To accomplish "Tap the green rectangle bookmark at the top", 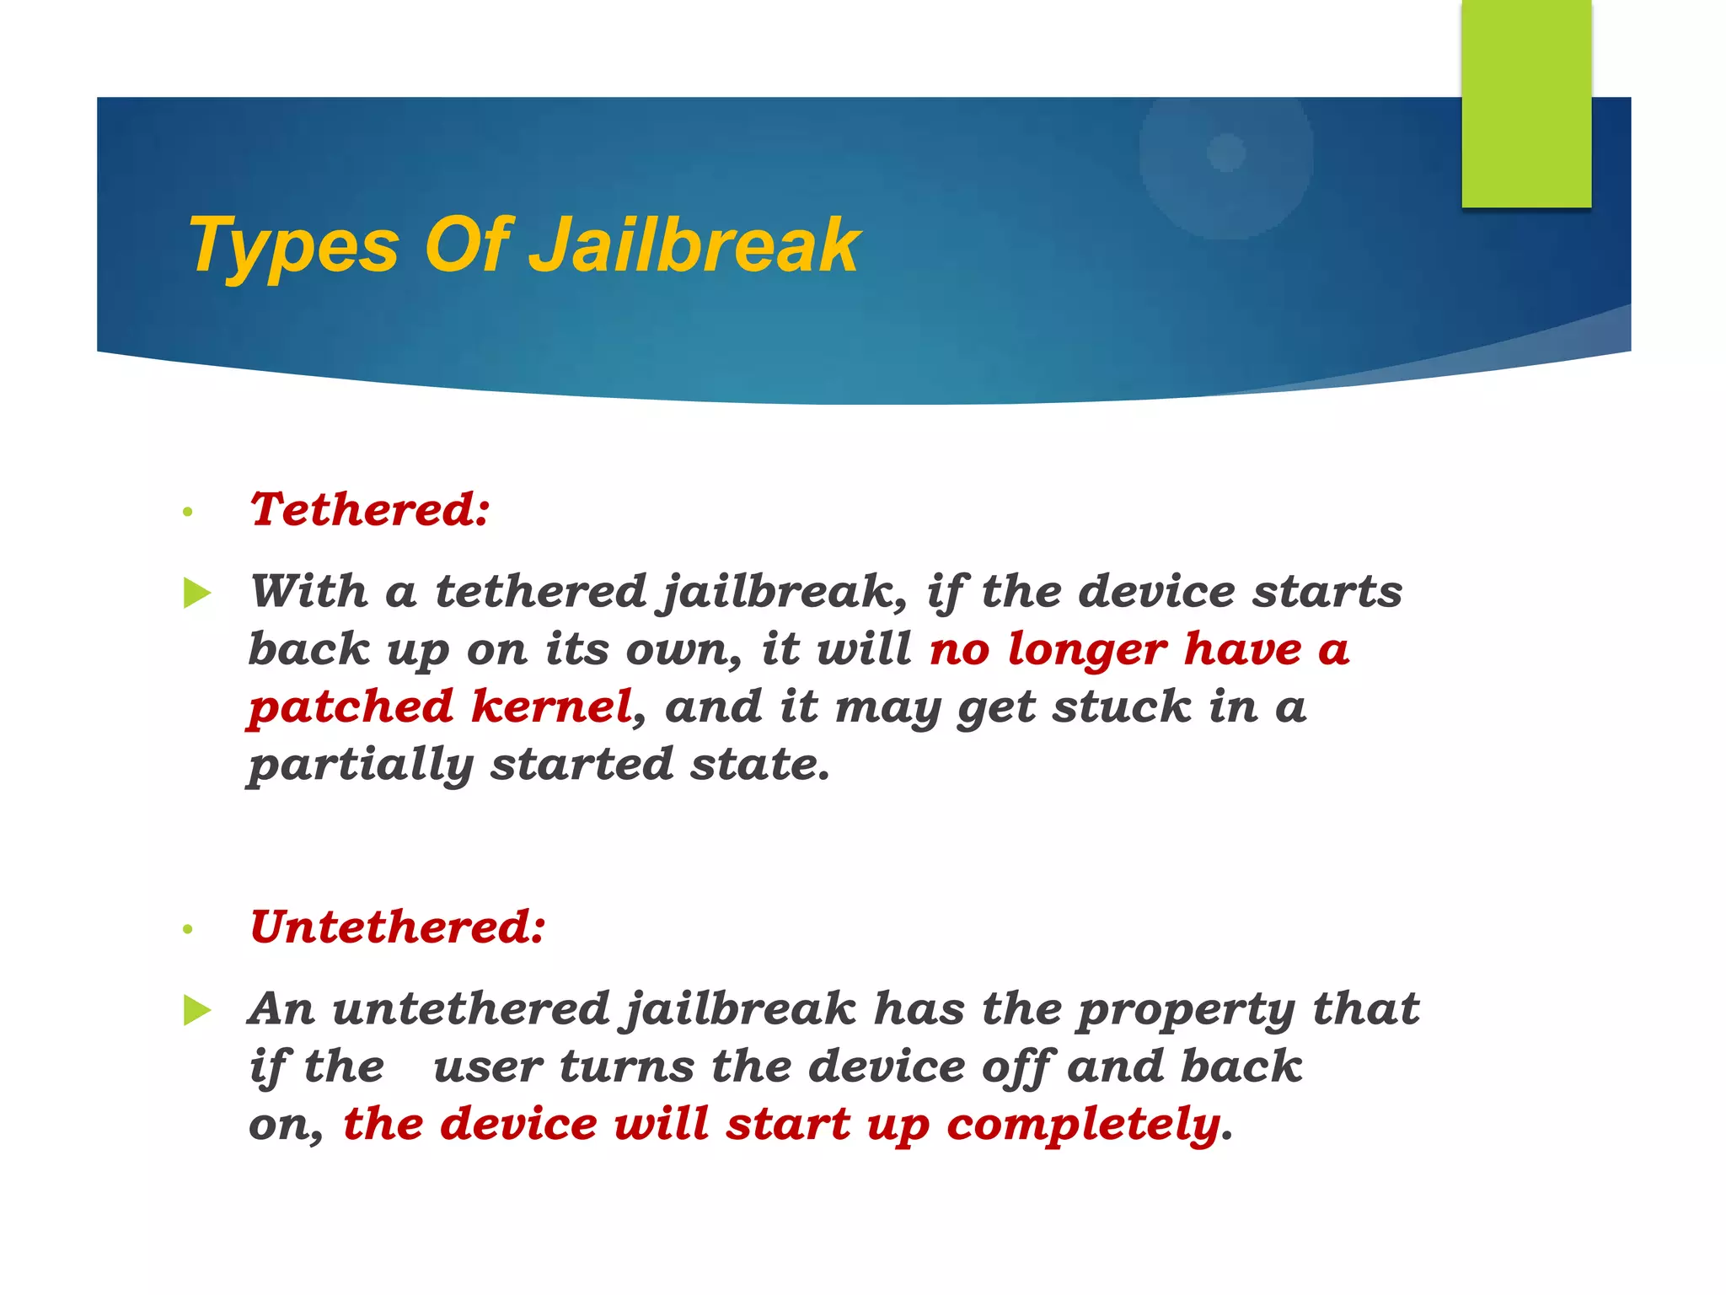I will pyautogui.click(x=1525, y=103).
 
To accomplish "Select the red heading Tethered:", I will pyautogui.click(x=369, y=509).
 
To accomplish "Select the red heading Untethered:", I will pyautogui.click(x=397, y=927).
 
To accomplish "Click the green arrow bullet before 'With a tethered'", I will pyautogui.click(x=196, y=593).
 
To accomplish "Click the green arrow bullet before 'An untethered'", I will pyautogui.click(x=196, y=1010).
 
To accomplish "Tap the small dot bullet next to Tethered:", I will pyautogui.click(x=188, y=512).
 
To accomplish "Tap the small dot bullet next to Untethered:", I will pyautogui.click(x=188, y=929).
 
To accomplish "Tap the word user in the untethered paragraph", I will pyautogui.click(x=488, y=1067).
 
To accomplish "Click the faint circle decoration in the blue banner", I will pyautogui.click(x=1226, y=154).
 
